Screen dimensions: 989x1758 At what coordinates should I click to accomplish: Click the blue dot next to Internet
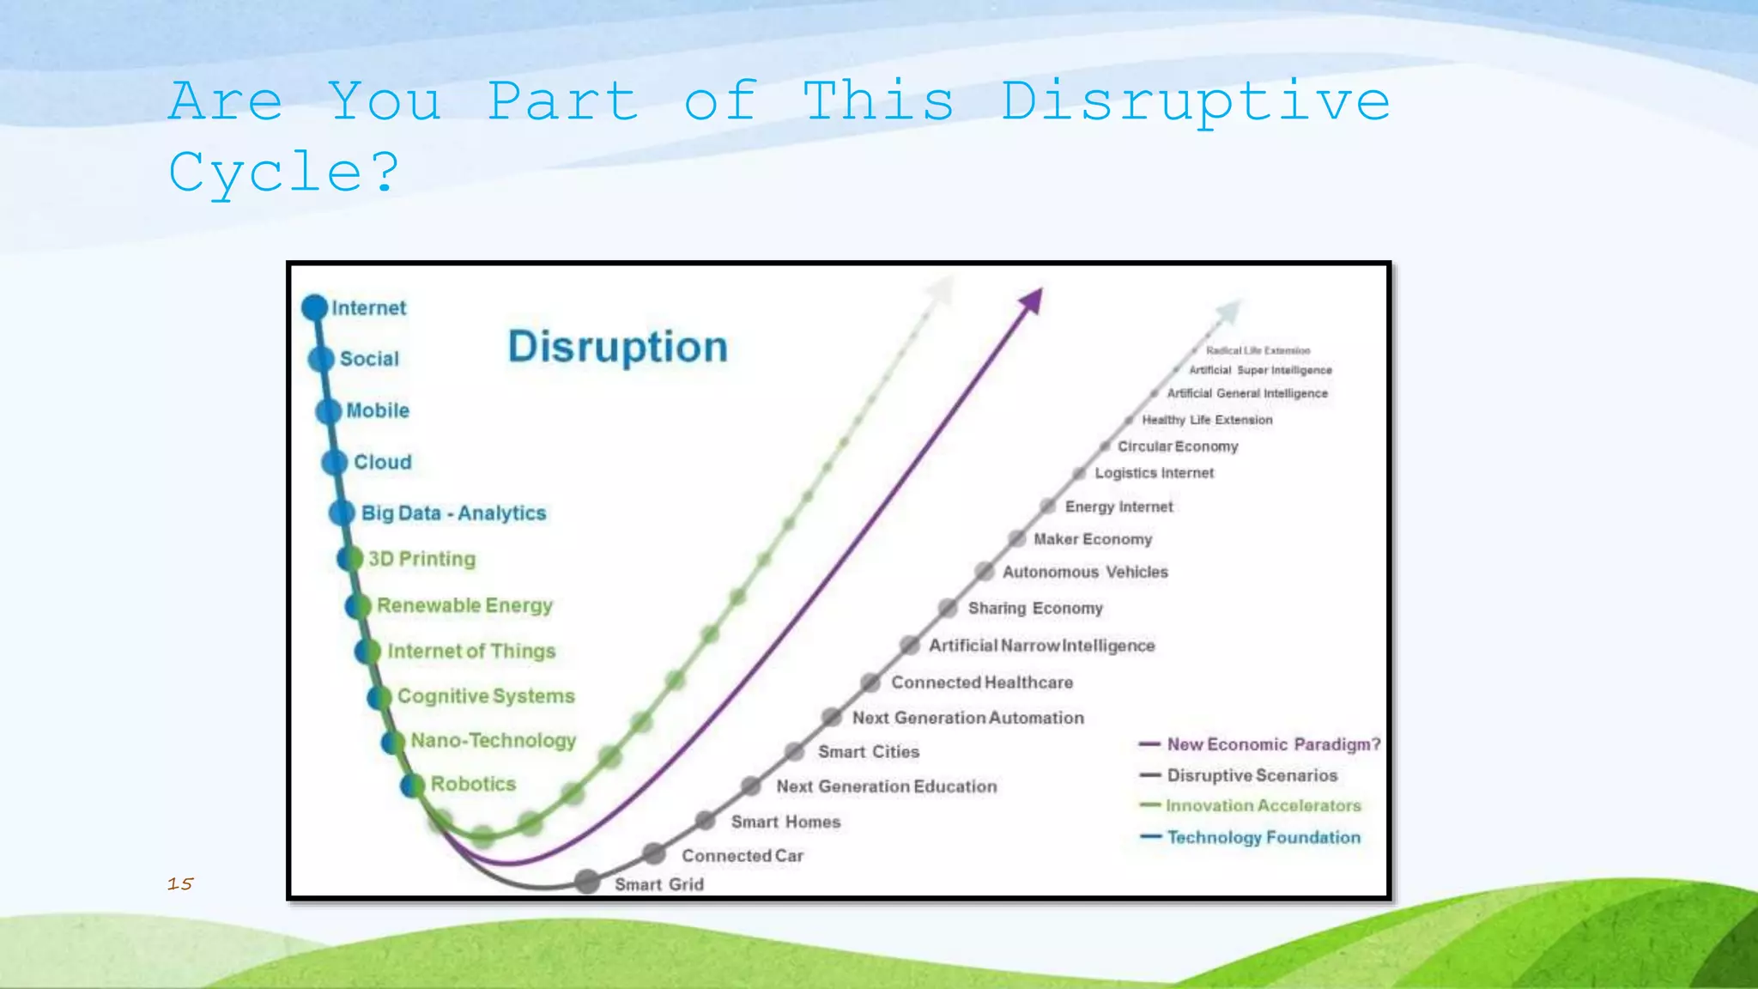click(x=315, y=307)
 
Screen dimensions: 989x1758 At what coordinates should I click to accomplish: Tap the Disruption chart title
click(x=617, y=347)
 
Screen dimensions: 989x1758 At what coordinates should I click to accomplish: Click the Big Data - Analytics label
click(x=453, y=513)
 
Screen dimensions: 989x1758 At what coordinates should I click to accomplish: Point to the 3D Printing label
click(x=421, y=559)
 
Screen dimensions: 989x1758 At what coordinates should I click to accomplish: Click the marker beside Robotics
click(x=413, y=785)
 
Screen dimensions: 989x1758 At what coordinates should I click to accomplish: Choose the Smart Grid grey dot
click(x=587, y=882)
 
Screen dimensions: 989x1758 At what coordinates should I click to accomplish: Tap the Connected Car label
click(x=743, y=856)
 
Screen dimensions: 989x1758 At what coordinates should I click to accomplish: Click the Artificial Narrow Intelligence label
click(x=1041, y=646)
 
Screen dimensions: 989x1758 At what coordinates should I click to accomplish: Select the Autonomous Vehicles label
click(x=1085, y=572)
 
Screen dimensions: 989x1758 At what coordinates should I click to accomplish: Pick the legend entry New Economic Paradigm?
click(x=1273, y=744)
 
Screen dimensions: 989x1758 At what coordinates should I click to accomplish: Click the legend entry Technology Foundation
click(x=1264, y=837)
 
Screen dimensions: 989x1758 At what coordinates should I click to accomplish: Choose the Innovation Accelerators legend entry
click(x=1263, y=805)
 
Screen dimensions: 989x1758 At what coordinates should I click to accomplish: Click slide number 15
click(x=180, y=883)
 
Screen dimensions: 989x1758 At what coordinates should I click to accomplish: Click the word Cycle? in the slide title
click(x=284, y=173)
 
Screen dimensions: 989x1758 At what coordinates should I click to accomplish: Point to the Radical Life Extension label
click(x=1258, y=350)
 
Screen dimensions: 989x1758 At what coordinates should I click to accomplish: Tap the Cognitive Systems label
click(x=486, y=696)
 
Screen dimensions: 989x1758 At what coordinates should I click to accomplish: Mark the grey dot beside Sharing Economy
click(x=948, y=608)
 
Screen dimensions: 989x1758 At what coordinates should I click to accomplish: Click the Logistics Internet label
click(x=1154, y=473)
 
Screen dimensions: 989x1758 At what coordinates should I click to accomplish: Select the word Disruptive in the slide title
click(x=1195, y=102)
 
